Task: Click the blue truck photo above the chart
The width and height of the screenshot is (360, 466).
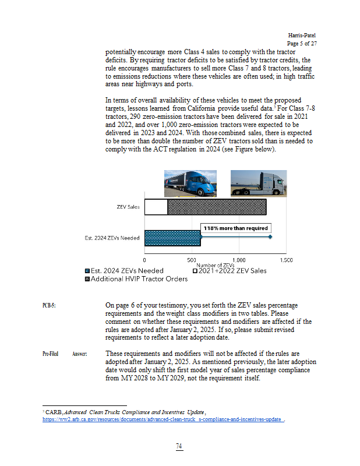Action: coord(190,182)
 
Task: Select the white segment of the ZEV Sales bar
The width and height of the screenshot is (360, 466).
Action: coord(156,207)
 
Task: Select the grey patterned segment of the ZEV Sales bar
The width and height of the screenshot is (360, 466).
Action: coord(217,207)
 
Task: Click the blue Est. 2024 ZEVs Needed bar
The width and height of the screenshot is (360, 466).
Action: coord(172,238)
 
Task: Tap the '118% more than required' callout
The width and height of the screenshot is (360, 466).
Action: coord(235,228)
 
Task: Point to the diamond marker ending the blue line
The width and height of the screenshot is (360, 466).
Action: coord(271,237)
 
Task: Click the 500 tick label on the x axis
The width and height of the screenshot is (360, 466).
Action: coord(191,259)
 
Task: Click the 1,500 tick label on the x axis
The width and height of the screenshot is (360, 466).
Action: coord(285,259)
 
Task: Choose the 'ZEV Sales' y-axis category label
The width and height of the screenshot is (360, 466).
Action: coord(128,207)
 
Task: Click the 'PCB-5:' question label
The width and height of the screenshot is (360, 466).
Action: coord(50,305)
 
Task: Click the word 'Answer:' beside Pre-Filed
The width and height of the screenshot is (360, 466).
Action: coord(79,354)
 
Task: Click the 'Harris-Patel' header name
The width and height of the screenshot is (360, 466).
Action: coord(302,36)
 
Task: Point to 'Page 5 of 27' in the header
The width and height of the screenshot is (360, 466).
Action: coord(302,44)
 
